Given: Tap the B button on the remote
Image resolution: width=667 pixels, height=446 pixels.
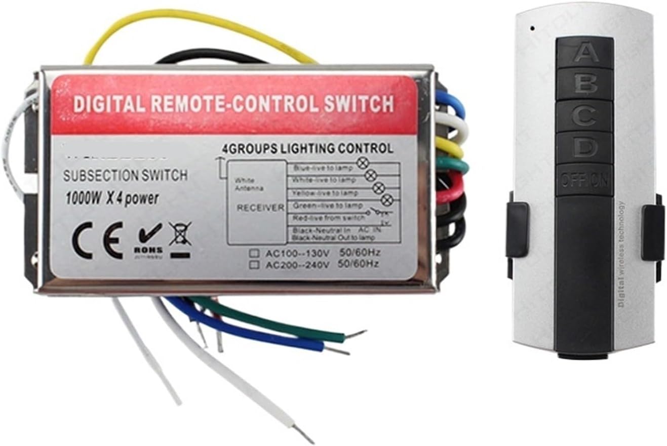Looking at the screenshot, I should point(585,85).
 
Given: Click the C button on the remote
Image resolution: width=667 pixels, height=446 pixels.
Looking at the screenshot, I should point(585,116).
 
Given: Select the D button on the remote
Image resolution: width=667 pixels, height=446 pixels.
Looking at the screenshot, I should point(585,148).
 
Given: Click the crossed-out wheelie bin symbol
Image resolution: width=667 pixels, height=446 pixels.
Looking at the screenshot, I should point(180,238).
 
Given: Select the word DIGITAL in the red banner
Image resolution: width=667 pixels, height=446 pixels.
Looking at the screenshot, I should point(104,104).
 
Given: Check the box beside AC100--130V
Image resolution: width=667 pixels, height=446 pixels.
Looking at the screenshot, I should point(252,253).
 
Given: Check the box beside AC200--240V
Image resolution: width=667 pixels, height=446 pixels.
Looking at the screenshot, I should point(252,264).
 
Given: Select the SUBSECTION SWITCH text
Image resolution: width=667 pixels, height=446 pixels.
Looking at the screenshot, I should point(125,176).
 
